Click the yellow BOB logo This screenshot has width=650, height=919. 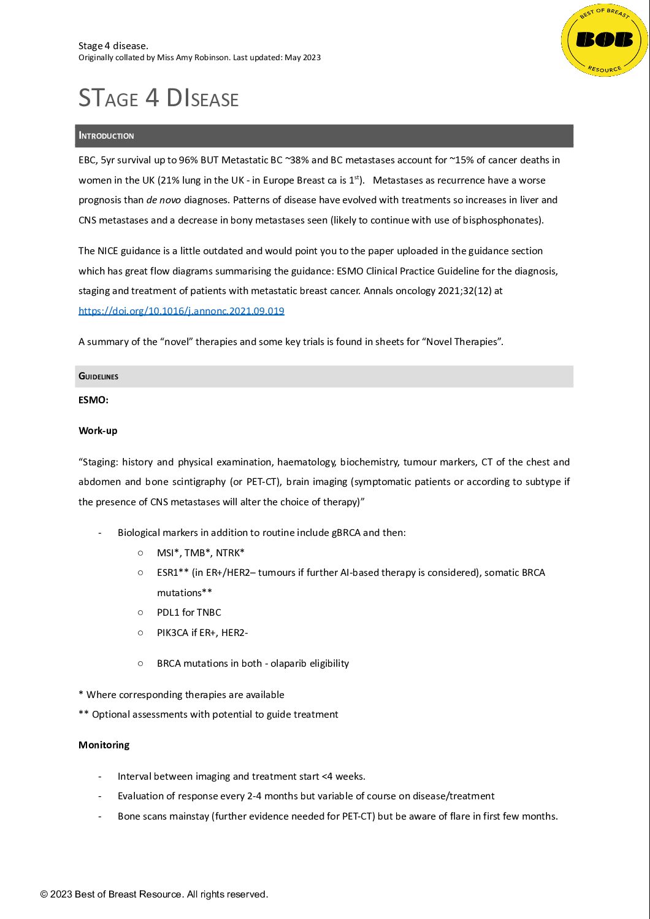pos(604,41)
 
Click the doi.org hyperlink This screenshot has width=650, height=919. pos(181,311)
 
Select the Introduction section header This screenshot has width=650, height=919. pos(106,136)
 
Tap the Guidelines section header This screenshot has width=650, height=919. pos(98,376)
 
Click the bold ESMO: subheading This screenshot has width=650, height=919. pos(93,400)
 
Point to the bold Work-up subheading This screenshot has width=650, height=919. pos(97,430)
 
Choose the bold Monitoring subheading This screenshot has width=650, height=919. pos(104,745)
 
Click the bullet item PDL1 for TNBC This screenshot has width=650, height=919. pos(189,612)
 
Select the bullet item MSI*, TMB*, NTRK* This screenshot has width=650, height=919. pos(201,553)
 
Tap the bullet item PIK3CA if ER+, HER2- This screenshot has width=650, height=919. pos(202,632)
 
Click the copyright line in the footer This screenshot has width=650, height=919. pos(154,894)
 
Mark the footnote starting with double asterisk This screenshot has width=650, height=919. pos(208,714)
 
